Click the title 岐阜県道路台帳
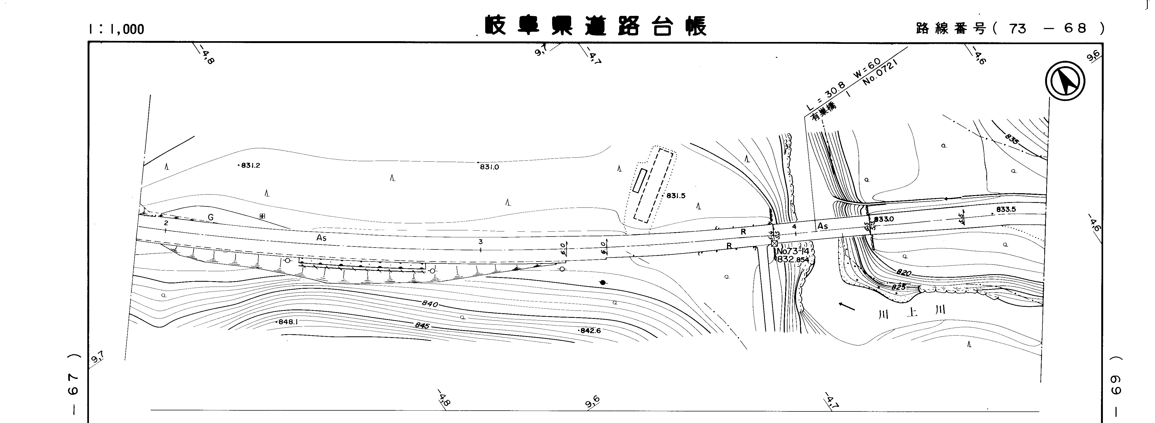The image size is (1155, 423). (x=595, y=26)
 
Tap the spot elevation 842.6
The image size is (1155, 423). (x=590, y=330)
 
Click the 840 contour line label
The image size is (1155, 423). (x=430, y=304)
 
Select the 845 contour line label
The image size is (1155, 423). (x=422, y=325)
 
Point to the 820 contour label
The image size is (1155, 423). (x=904, y=273)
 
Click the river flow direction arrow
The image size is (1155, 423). (x=847, y=307)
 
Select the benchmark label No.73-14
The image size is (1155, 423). (x=793, y=252)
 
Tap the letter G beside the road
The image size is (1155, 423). (x=210, y=218)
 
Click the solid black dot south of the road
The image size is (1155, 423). (x=603, y=283)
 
